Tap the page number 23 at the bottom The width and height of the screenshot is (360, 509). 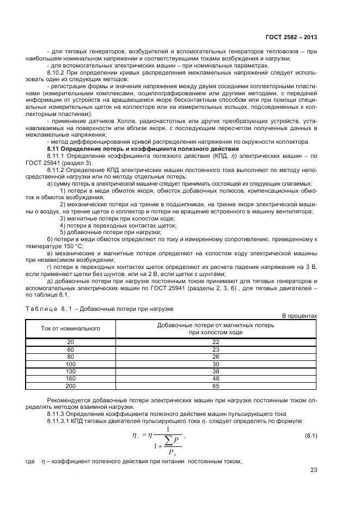coord(314,471)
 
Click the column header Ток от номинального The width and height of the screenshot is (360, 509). coord(70,329)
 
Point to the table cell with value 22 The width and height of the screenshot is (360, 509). coord(216,342)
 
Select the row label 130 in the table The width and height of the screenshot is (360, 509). coord(70,371)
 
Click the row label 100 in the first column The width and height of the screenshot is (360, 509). coord(70,364)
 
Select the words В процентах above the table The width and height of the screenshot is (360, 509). coord(299,316)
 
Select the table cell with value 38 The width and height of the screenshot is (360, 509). coord(216,371)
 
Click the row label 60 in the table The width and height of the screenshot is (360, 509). coord(70,349)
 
